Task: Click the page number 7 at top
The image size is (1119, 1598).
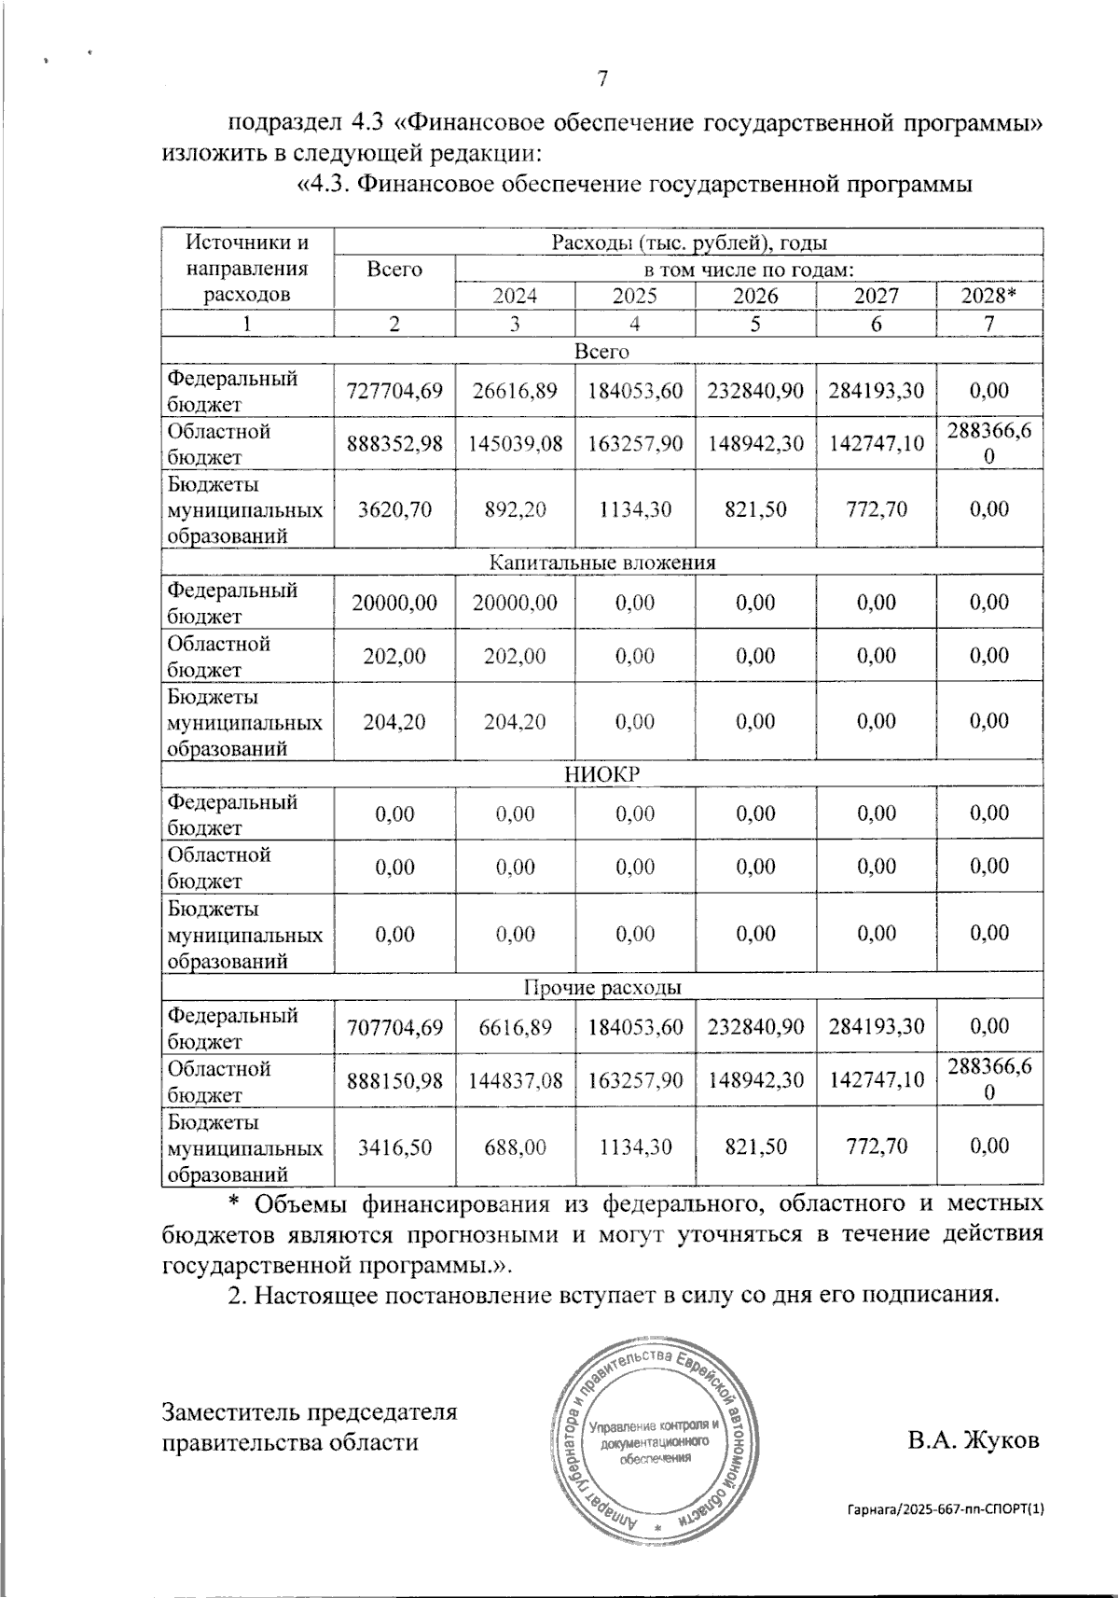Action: [x=602, y=78]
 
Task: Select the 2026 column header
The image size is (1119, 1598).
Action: [x=754, y=296]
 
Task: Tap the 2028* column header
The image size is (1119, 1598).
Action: [x=988, y=296]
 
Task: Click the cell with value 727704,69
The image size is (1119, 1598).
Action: [x=394, y=391]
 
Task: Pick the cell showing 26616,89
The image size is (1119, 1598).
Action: [x=515, y=391]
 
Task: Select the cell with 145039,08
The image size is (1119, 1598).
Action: [x=515, y=444]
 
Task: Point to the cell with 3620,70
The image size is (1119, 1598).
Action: [x=394, y=509]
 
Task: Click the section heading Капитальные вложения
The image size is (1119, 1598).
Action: [x=602, y=563]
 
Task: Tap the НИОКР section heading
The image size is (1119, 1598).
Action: [x=602, y=775]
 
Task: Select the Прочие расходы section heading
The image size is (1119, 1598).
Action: [x=602, y=987]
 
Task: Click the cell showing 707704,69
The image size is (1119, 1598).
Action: [x=394, y=1027]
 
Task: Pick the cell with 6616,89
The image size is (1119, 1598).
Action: [x=515, y=1027]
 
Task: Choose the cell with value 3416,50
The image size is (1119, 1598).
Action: [x=394, y=1146]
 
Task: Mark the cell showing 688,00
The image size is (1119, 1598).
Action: [x=515, y=1146]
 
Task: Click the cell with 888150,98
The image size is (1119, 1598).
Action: [x=394, y=1080]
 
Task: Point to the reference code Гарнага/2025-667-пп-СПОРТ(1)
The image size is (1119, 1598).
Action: [x=946, y=1508]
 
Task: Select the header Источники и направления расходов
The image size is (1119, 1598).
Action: [x=247, y=269]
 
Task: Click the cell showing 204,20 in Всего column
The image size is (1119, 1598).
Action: [x=394, y=722]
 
